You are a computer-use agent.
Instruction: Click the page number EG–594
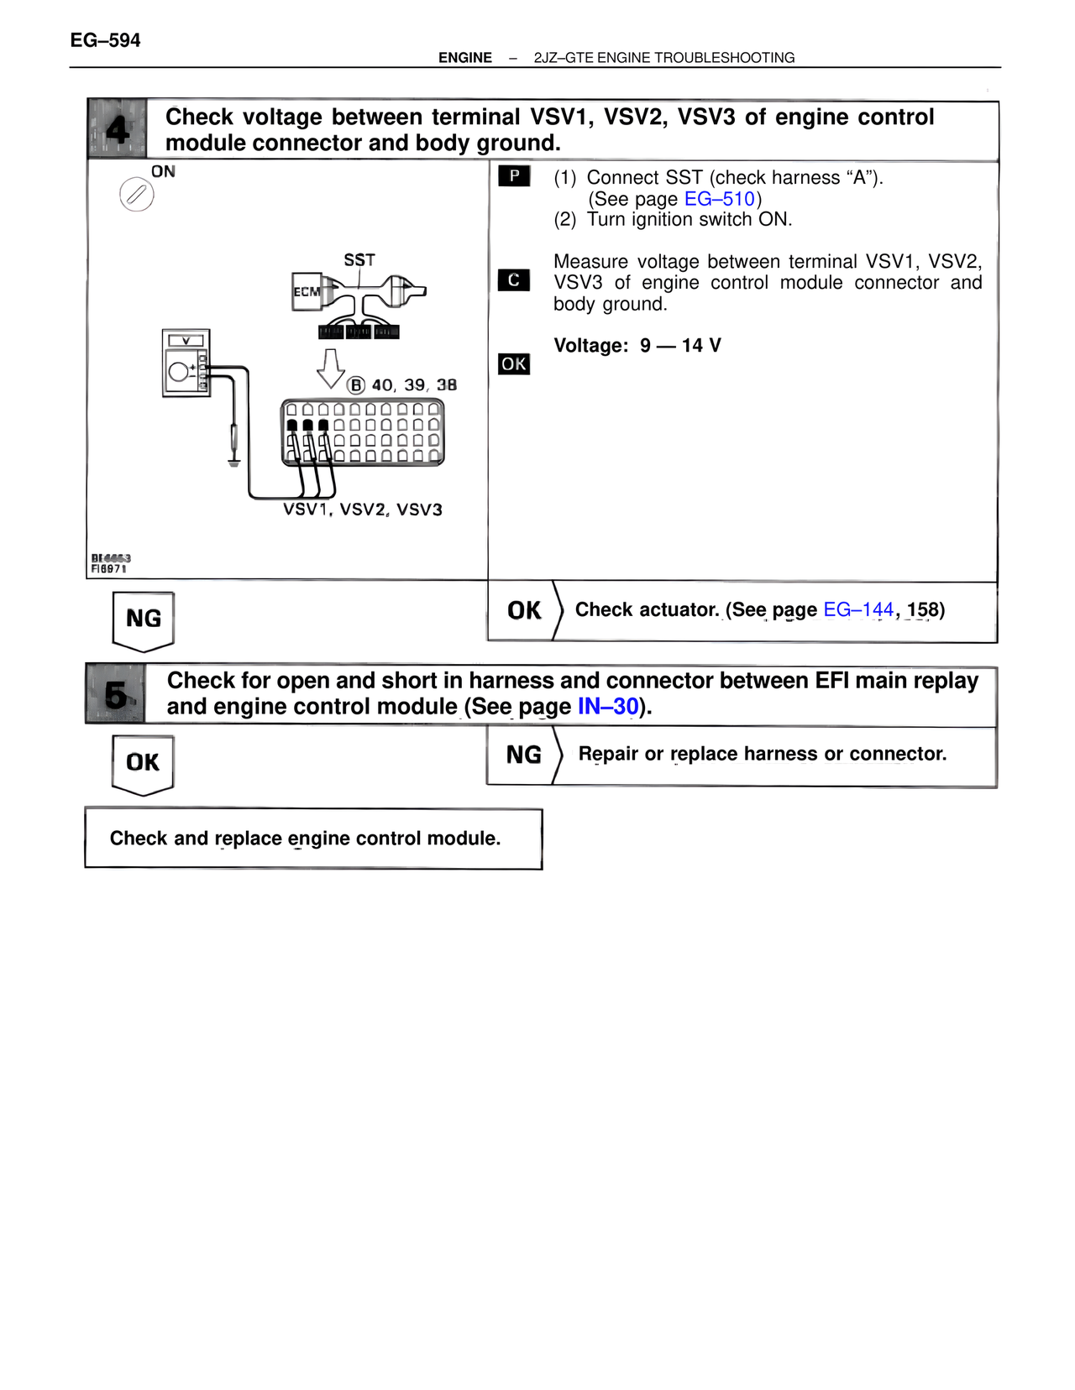click(105, 40)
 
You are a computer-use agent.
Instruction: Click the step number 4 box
click(118, 129)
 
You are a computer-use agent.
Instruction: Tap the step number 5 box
click(116, 694)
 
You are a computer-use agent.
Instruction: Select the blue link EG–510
click(720, 199)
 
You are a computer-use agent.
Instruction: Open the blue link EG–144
click(857, 609)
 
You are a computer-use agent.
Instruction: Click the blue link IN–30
click(608, 707)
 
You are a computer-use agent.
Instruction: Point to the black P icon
click(514, 176)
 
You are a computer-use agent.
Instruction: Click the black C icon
click(514, 280)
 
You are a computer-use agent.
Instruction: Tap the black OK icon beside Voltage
click(514, 364)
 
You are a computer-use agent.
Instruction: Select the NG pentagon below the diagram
click(144, 620)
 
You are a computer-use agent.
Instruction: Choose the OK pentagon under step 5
click(143, 763)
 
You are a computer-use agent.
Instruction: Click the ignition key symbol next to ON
click(136, 195)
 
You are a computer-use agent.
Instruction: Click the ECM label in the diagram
click(307, 292)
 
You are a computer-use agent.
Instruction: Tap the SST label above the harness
click(359, 260)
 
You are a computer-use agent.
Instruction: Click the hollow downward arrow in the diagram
click(330, 368)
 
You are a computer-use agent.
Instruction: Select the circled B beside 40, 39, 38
click(356, 385)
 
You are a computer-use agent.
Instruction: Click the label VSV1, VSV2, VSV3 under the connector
click(363, 509)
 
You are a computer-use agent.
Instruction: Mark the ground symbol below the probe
click(233, 461)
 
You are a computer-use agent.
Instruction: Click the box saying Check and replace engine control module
click(313, 839)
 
